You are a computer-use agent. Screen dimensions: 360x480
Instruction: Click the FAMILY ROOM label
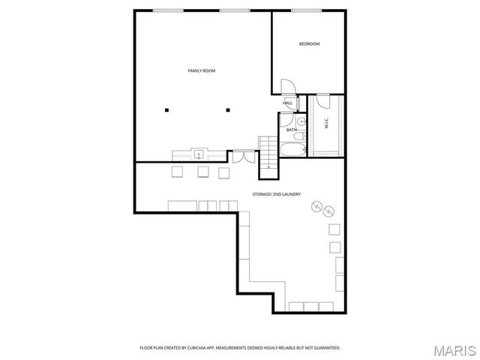[202, 70]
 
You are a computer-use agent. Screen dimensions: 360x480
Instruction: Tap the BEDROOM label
[309, 44]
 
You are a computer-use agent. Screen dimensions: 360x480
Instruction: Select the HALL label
[288, 103]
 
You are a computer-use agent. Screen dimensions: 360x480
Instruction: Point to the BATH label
[291, 130]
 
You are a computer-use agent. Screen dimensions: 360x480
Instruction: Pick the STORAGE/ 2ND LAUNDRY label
[277, 194]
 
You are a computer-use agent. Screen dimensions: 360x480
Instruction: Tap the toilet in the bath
[298, 138]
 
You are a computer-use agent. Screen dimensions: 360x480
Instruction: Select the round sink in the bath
[300, 121]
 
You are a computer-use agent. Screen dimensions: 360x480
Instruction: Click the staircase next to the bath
[268, 154]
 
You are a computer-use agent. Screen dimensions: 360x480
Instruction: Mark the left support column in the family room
[168, 110]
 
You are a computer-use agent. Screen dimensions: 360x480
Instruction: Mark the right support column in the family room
[227, 110]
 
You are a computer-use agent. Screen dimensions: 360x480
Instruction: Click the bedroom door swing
[287, 86]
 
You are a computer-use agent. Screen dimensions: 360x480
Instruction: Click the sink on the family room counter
[199, 154]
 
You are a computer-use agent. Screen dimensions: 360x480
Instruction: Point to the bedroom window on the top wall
[302, 10]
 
